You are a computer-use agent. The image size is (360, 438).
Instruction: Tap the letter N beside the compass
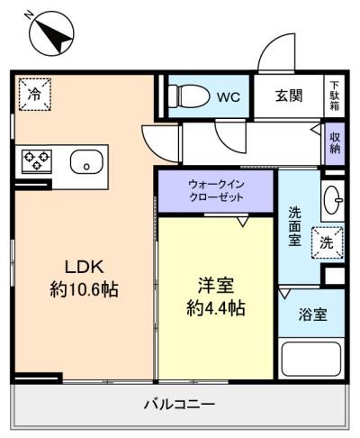tap(29, 14)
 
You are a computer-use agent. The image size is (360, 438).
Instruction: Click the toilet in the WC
tap(189, 96)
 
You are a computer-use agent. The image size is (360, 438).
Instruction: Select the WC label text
tap(229, 96)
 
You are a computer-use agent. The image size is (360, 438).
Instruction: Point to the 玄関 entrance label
tap(289, 96)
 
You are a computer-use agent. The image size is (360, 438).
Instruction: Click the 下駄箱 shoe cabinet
tap(334, 96)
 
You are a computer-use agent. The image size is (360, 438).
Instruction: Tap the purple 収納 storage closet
tap(335, 143)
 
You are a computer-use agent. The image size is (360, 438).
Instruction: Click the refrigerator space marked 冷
tap(35, 95)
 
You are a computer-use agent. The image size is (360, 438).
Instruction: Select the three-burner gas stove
tap(37, 160)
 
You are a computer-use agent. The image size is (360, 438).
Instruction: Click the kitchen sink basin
tap(86, 162)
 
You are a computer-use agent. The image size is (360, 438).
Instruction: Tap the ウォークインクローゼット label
tap(216, 191)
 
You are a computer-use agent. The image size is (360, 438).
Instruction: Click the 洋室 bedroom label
tap(216, 286)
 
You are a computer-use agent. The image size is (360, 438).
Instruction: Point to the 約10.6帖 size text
tap(85, 289)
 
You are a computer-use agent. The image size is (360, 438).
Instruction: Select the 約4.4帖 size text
tap(216, 308)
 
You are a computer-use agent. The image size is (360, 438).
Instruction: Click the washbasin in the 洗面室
tap(333, 200)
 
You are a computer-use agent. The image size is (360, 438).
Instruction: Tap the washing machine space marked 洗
tap(327, 242)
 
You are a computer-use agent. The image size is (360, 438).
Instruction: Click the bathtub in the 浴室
tap(311, 359)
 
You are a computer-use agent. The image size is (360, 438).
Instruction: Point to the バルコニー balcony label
tap(180, 405)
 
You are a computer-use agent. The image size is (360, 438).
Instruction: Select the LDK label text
tap(85, 267)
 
